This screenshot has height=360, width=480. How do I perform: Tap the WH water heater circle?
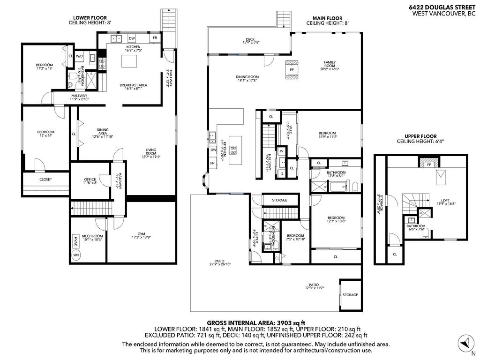click(76, 255)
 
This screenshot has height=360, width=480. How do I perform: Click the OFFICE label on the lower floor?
click(90, 180)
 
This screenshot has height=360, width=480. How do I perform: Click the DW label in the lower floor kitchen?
click(132, 38)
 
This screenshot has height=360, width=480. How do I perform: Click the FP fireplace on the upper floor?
click(428, 165)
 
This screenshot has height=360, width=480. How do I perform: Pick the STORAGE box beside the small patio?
click(350, 295)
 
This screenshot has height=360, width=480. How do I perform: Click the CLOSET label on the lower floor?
click(45, 180)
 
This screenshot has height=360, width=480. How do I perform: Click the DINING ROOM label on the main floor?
click(247, 77)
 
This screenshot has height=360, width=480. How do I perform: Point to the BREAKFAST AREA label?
click(134, 85)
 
